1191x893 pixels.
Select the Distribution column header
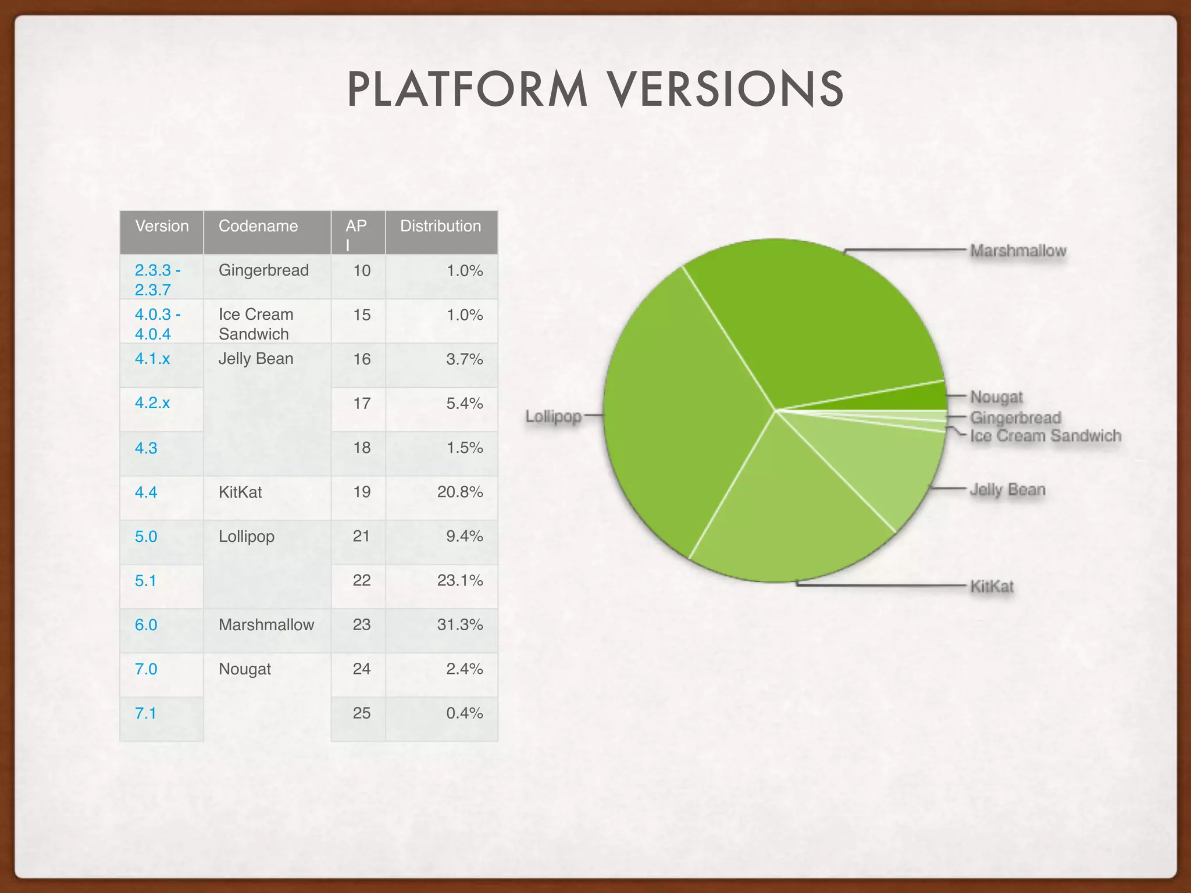pyautogui.click(x=440, y=226)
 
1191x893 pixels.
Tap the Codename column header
pyautogui.click(x=258, y=226)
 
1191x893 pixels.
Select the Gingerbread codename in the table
pyautogui.click(x=263, y=270)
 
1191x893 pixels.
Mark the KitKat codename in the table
pyautogui.click(x=240, y=492)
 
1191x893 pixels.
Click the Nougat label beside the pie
pyautogui.click(x=996, y=397)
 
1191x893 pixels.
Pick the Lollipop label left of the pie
pyautogui.click(x=554, y=416)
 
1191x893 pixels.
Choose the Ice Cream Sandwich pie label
pyautogui.click(x=1045, y=436)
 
